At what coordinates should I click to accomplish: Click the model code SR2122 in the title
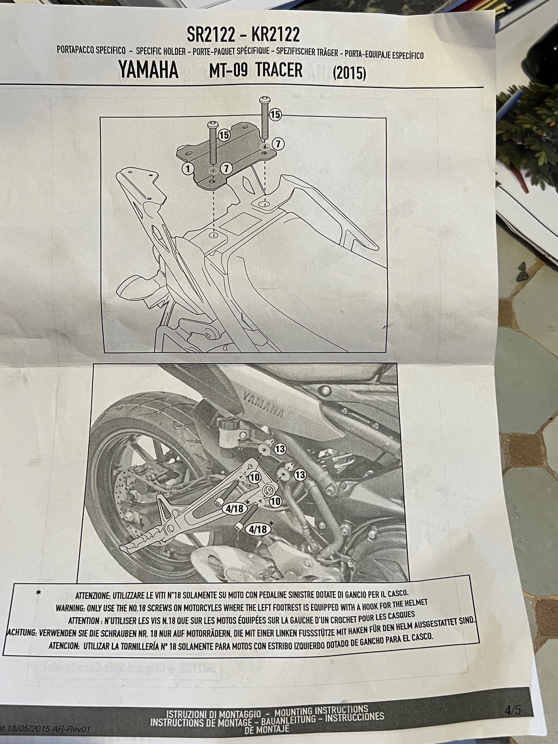pos(211,34)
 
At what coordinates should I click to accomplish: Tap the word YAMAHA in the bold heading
pos(148,70)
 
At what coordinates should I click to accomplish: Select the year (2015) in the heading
pos(349,73)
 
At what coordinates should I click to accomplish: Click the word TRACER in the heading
pos(279,70)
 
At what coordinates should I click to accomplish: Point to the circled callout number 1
pos(188,168)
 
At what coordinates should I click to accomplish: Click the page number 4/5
pos(512,700)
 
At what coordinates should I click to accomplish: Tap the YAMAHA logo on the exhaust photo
pos(264,404)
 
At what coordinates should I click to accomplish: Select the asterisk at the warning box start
pos(38,593)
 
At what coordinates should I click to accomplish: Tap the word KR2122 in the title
pos(275,34)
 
